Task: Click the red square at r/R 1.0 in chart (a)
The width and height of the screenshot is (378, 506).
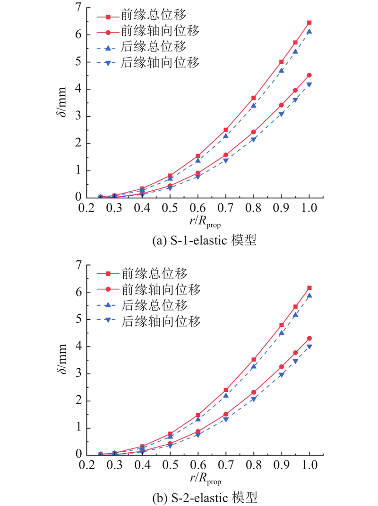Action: coord(309,23)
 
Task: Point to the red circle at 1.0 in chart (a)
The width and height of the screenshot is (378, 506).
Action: coord(309,75)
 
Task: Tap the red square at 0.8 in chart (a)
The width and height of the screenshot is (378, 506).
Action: coord(253,98)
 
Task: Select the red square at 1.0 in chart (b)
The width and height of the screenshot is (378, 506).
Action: coord(309,288)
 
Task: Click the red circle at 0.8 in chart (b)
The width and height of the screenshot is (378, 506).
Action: coord(254,392)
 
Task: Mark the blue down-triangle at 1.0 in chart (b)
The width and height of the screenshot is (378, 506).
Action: coord(309,347)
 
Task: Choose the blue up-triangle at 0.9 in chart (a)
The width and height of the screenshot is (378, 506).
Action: coord(282,71)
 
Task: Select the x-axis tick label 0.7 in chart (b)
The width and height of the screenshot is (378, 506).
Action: coord(226,466)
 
